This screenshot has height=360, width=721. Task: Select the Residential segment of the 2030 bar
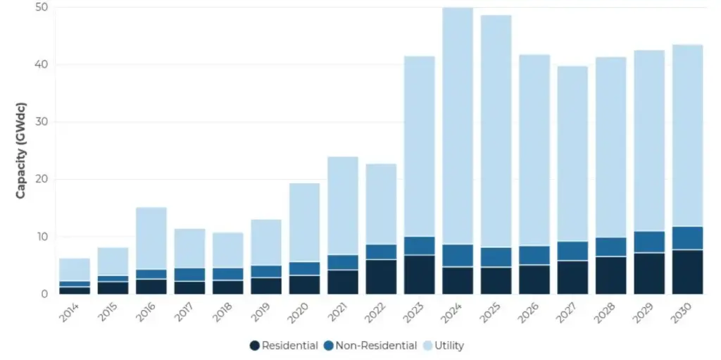687,272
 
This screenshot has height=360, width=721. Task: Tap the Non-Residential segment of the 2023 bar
419,246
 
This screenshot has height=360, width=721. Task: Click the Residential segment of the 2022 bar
381,277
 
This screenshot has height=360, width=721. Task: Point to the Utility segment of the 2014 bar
75,270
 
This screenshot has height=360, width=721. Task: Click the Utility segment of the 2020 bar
304,223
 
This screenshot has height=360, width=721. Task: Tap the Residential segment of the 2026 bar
534,280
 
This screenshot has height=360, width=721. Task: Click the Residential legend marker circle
254,346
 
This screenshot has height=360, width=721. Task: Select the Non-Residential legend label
370,346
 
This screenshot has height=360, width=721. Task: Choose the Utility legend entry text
450,346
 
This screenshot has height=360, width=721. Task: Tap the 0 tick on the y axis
44,294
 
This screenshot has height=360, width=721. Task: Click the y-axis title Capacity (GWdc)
21,151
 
